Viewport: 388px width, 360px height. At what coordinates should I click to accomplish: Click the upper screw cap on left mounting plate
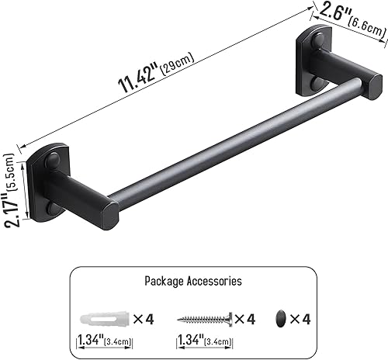[x=53, y=162]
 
